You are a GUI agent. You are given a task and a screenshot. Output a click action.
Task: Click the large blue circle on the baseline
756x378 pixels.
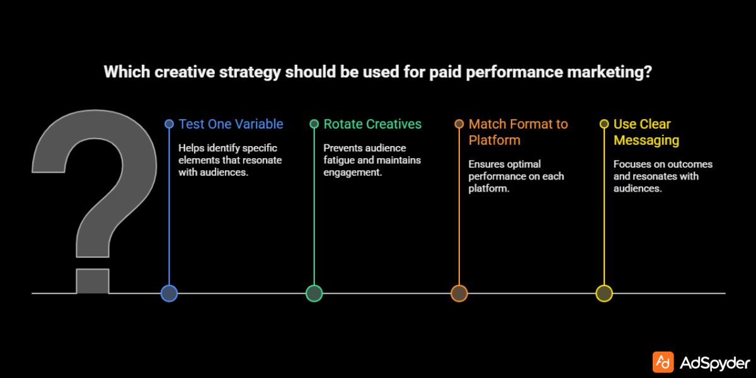(x=169, y=293)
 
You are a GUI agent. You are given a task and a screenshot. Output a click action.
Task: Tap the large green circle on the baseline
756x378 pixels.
(x=314, y=293)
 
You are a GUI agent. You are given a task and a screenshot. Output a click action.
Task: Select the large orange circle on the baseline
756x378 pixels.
(x=459, y=293)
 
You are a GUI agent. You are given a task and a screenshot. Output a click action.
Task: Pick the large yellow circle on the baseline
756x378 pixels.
(x=604, y=293)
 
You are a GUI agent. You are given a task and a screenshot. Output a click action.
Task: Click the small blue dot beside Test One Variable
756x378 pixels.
(x=169, y=124)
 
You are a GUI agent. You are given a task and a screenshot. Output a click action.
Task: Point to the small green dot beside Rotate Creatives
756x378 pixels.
(x=314, y=124)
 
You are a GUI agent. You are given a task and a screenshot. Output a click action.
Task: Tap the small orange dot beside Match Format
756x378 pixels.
(x=459, y=124)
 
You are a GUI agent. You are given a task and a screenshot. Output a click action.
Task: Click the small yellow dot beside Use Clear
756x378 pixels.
(x=604, y=124)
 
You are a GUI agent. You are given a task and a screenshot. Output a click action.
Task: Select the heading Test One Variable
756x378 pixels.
(x=231, y=124)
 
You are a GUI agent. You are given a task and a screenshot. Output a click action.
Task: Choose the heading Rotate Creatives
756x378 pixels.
(x=372, y=124)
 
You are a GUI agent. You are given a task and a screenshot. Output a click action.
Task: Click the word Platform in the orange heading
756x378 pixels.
(x=495, y=140)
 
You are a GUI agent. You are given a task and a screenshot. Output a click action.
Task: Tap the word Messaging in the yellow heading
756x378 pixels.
(x=646, y=140)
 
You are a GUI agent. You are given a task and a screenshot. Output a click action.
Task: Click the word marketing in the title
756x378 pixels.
(x=610, y=72)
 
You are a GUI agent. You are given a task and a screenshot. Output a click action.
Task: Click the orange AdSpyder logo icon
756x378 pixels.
(x=663, y=362)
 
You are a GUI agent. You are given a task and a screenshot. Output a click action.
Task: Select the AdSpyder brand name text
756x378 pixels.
(x=715, y=363)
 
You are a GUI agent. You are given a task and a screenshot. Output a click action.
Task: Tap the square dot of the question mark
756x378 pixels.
(x=93, y=281)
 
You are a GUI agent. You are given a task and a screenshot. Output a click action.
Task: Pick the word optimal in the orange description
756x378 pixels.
(x=524, y=164)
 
